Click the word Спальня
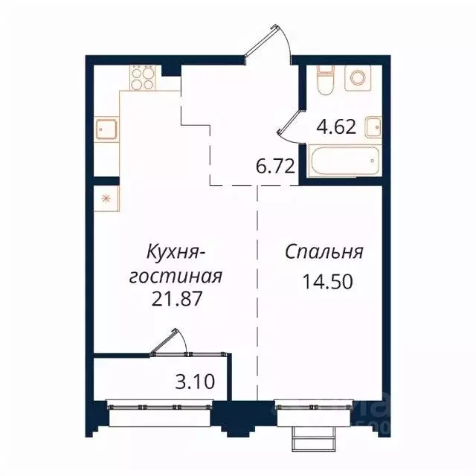[324, 252]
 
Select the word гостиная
[176, 276]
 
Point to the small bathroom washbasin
[374, 126]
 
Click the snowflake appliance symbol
[105, 199]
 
